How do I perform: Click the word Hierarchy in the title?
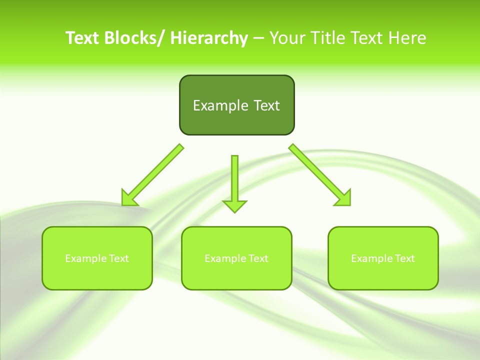click(x=209, y=38)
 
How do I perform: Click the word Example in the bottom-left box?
click(x=83, y=258)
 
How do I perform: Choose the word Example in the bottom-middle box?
click(x=222, y=258)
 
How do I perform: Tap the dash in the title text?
click(x=258, y=38)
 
